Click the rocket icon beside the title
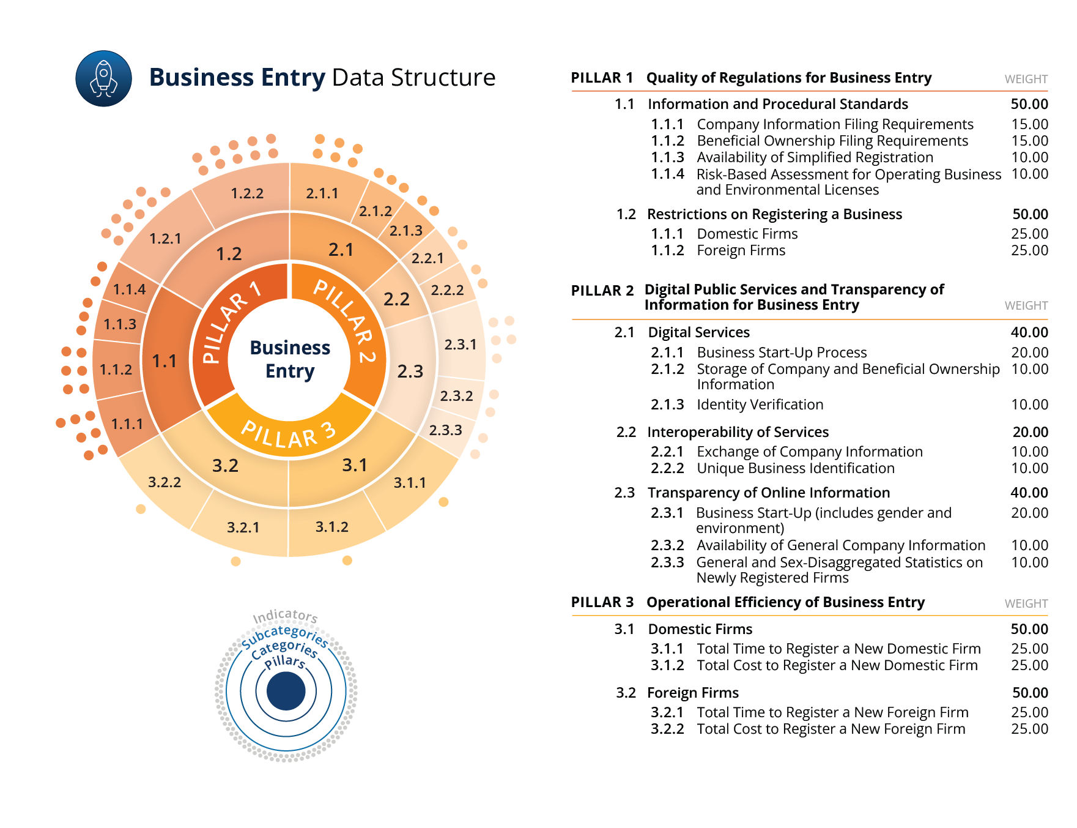(103, 78)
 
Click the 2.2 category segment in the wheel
(396, 299)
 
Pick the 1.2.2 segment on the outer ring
(247, 193)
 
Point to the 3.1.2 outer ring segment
(331, 527)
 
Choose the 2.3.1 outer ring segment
(460, 345)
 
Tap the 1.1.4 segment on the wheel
(129, 289)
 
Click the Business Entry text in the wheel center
(290, 359)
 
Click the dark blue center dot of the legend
(286, 691)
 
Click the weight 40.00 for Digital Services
(1029, 332)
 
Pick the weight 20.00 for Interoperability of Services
(1030, 432)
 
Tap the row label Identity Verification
(760, 405)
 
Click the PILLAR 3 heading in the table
(602, 602)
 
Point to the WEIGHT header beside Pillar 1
(1026, 79)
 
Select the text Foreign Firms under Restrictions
(741, 250)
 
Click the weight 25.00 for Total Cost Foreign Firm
(1029, 729)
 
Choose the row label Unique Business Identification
(795, 468)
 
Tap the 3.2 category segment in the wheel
(225, 466)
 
